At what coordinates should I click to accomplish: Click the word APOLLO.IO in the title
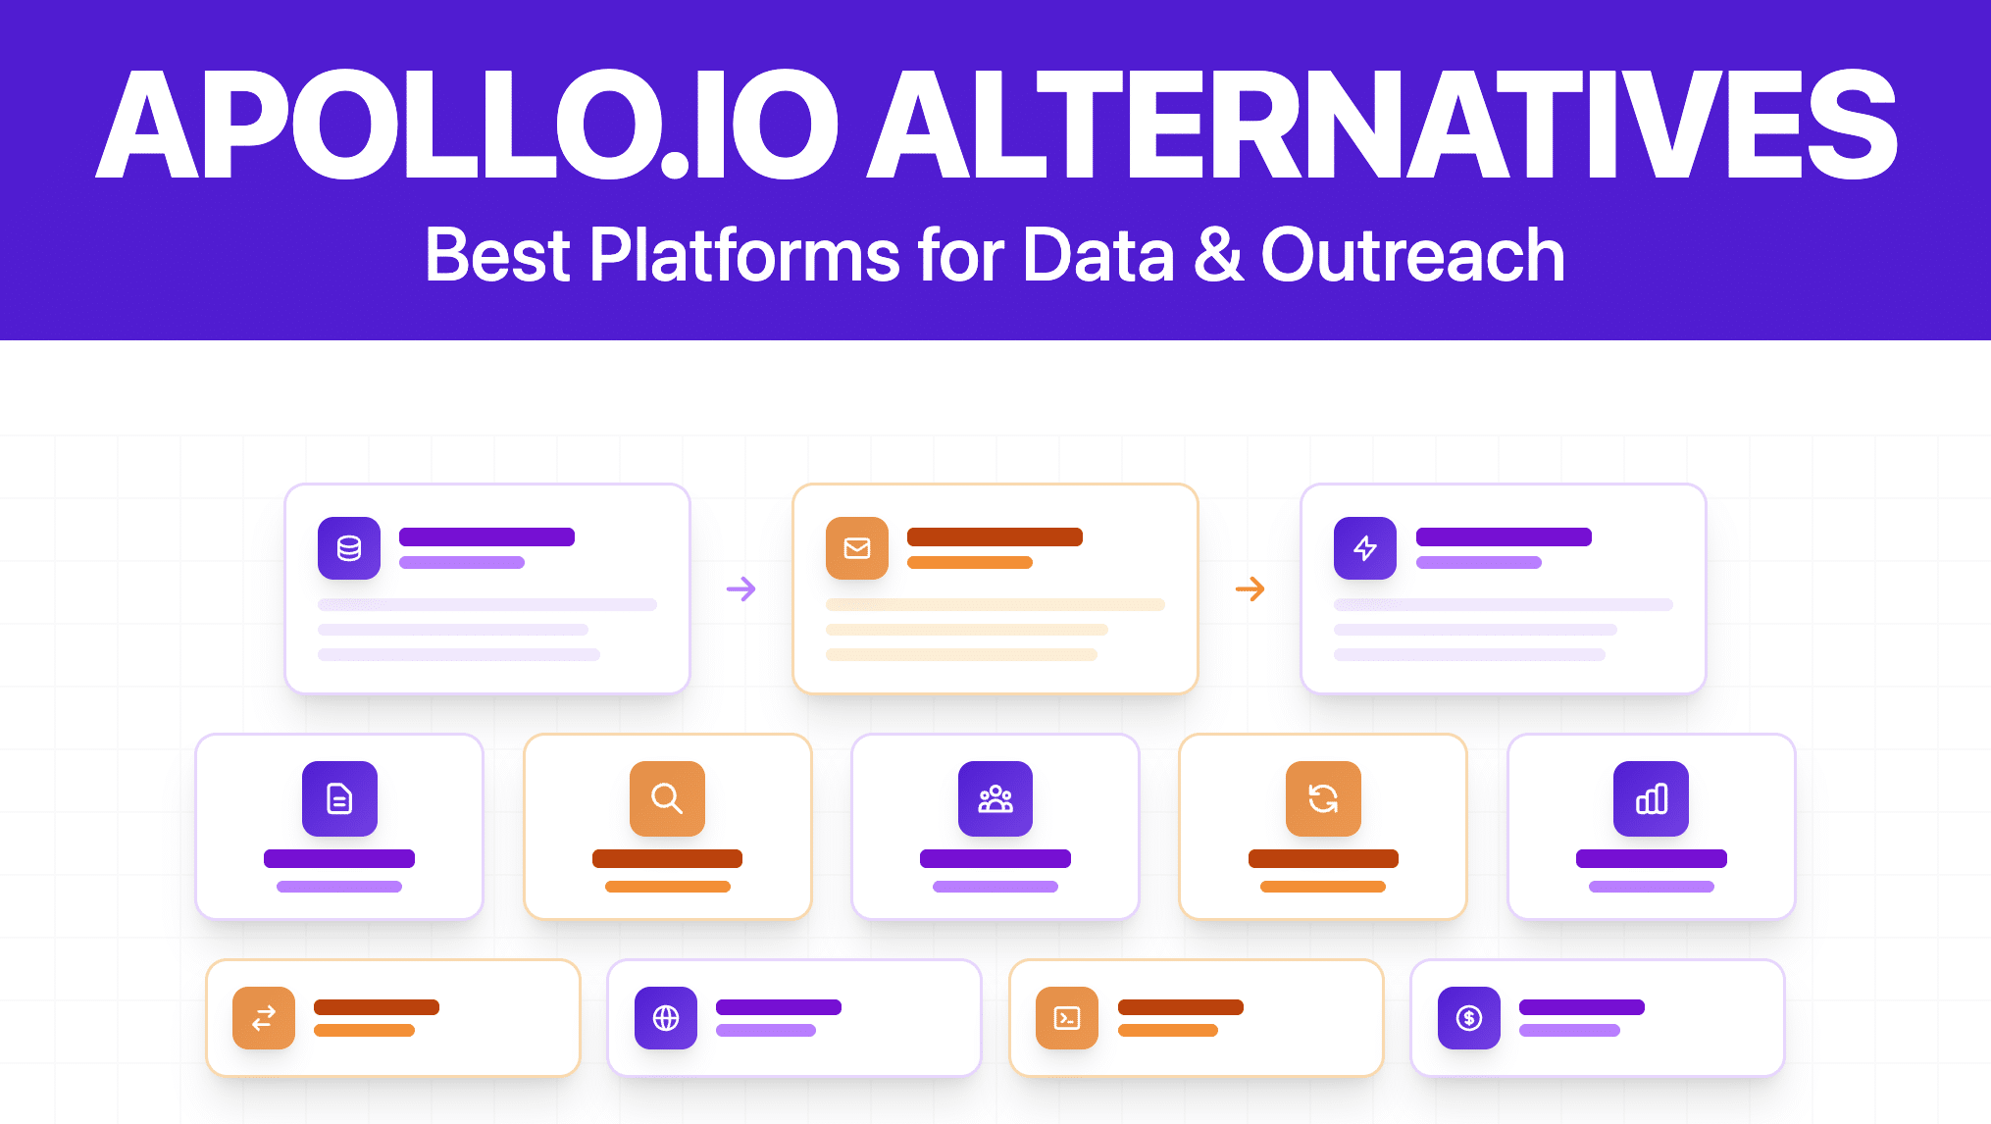467,126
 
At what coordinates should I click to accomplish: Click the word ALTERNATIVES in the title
1383,126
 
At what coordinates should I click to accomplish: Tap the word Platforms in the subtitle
744,255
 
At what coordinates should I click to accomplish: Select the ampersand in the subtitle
1217,255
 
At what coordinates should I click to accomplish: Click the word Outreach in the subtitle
1412,255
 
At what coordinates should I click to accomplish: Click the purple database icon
349,548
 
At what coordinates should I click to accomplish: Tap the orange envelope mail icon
857,548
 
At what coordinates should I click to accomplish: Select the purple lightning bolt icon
1365,548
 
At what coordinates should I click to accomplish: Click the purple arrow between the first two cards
741,588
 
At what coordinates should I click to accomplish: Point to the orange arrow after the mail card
1250,588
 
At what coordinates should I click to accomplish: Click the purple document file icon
339,798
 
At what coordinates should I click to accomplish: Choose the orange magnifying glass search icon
667,798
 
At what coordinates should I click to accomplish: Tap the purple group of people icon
995,798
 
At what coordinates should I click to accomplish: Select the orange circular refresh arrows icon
1323,798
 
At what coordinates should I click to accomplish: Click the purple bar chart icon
1652,798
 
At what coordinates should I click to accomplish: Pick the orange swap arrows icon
264,1018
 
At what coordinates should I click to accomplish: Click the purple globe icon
666,1018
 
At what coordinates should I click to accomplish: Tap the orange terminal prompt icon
1067,1018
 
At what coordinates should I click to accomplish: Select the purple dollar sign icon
1469,1018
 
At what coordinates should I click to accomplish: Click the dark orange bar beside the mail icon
995,536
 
